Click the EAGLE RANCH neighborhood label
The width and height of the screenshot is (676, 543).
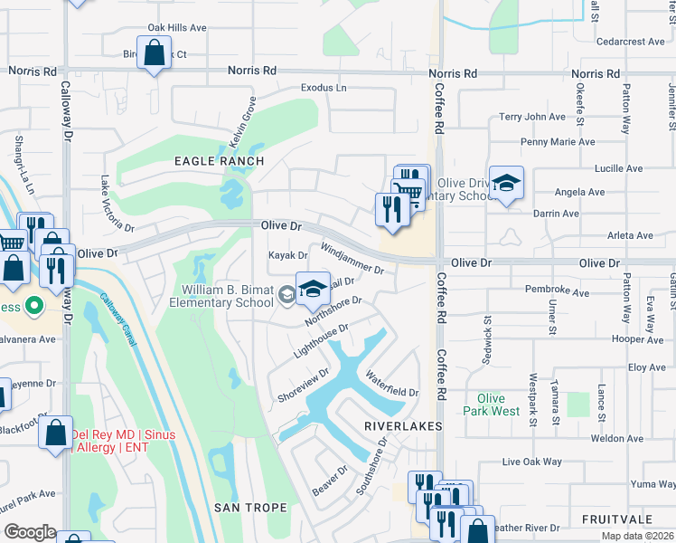[219, 161]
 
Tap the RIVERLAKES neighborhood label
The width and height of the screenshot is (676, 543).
[403, 425]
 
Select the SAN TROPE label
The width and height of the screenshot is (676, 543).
[250, 508]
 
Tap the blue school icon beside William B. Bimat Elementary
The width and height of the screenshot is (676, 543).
[313, 289]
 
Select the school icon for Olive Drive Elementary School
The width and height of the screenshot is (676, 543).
[506, 184]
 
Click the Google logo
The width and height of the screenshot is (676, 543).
[30, 532]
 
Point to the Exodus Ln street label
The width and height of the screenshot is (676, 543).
[324, 89]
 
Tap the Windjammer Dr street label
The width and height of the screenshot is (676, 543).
[352, 258]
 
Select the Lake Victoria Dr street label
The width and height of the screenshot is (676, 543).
[117, 203]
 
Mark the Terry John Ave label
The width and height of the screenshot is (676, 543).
[532, 117]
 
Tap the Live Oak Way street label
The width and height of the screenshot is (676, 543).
[532, 462]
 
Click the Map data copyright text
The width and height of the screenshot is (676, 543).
[636, 536]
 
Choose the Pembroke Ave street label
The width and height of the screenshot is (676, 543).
[558, 291]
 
